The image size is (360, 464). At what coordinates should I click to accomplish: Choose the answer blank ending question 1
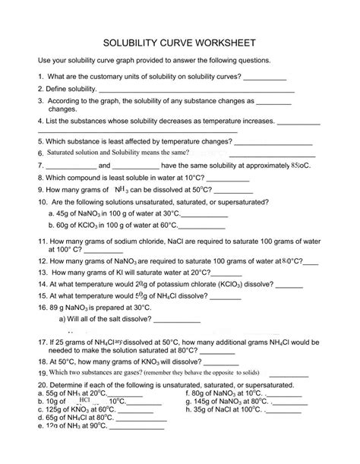coord(266,77)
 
